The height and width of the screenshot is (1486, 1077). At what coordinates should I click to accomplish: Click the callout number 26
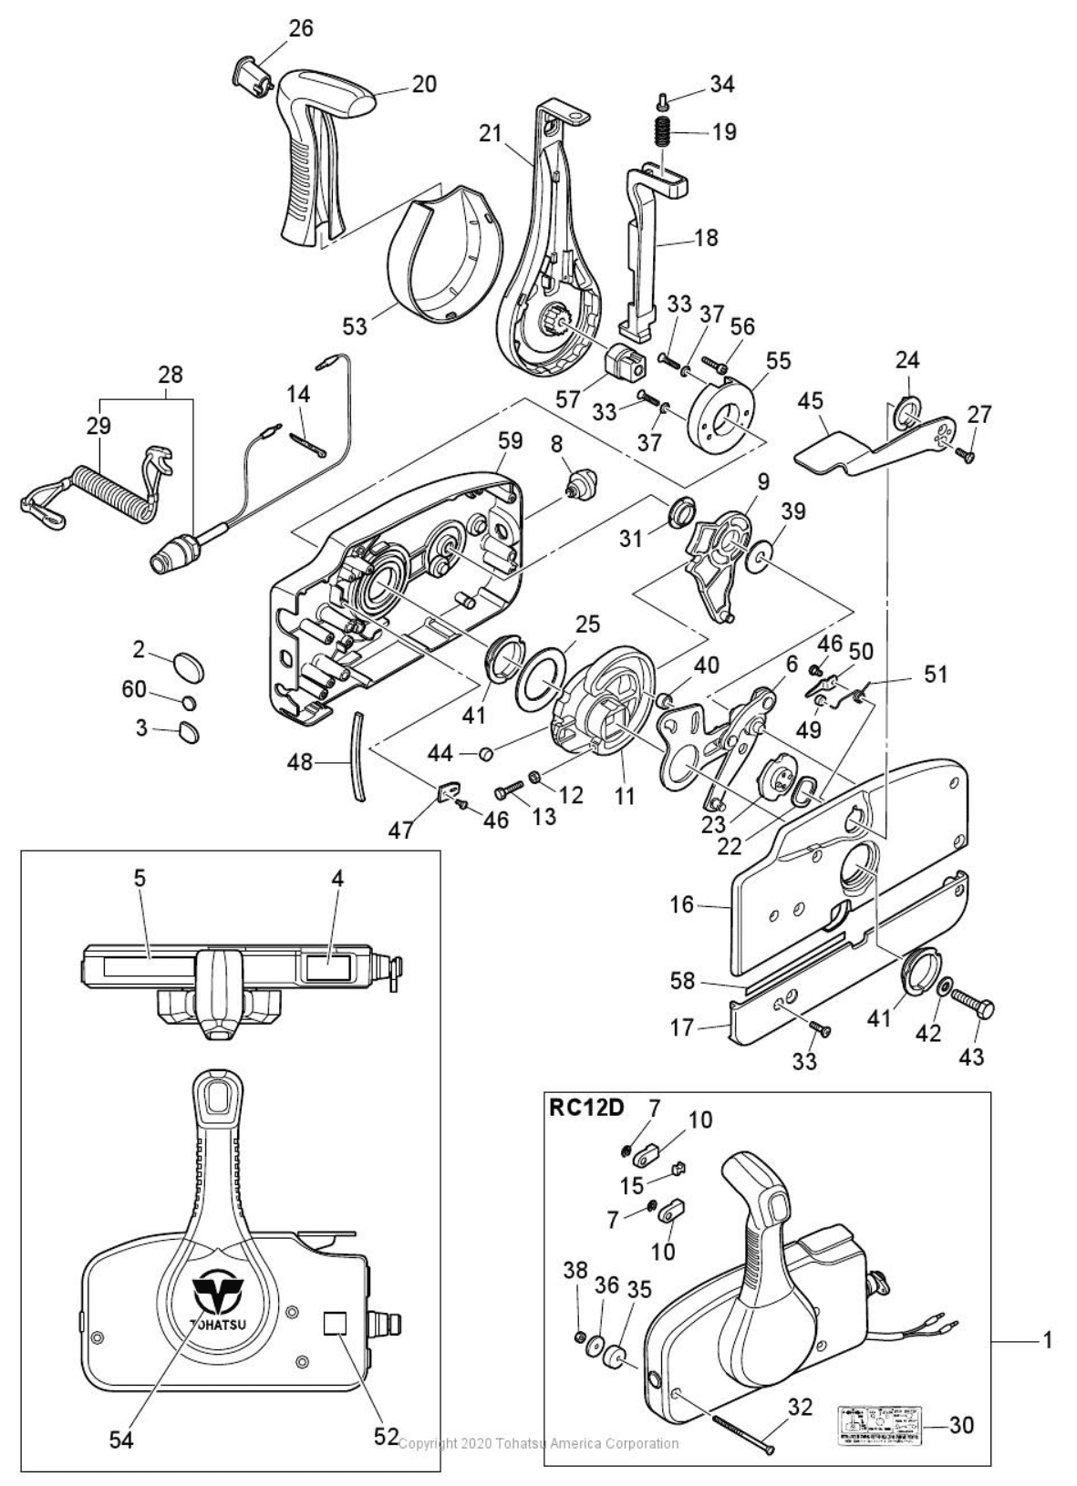pyautogui.click(x=300, y=28)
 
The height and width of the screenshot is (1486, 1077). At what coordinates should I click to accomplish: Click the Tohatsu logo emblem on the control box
pyautogui.click(x=216, y=1291)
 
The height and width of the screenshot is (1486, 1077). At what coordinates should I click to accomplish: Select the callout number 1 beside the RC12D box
pyautogui.click(x=1048, y=1340)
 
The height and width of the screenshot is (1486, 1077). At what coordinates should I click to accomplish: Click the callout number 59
pyautogui.click(x=510, y=441)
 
